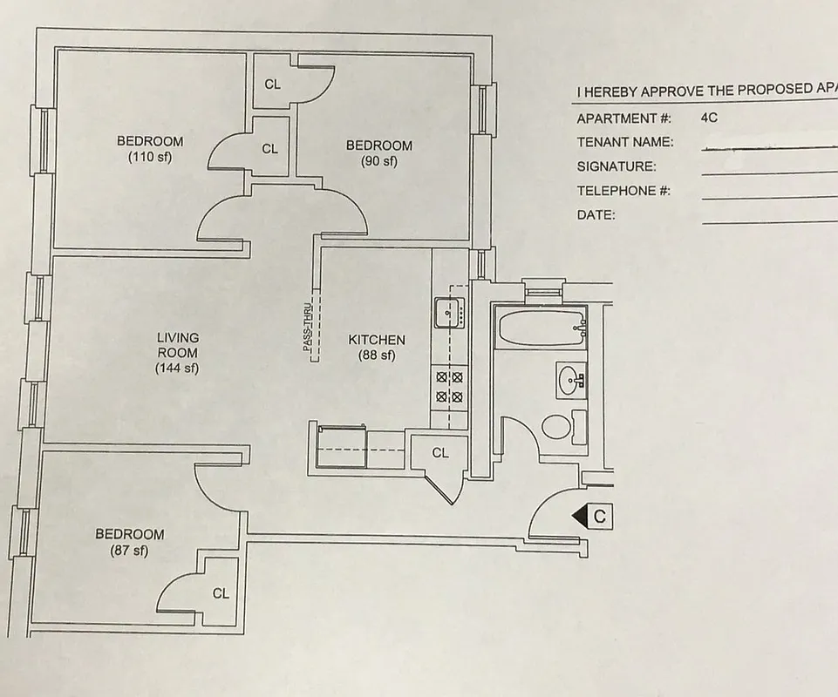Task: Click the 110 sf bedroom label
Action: pos(150,149)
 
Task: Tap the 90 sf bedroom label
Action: pos(378,152)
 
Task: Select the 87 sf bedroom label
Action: pos(129,542)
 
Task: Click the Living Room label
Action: pos(177,352)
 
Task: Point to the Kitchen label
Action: pos(377,347)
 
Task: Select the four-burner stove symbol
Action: pos(449,387)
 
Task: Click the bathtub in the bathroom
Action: pos(539,327)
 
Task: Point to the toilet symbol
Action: pos(558,427)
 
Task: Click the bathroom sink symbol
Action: pos(572,379)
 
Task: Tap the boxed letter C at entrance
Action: pos(600,517)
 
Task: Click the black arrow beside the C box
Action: pos(579,517)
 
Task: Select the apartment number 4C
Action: pos(708,118)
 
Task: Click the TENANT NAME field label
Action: pos(624,142)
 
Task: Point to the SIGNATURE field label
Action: pos(617,166)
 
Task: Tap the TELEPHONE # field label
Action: pos(623,191)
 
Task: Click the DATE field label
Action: pos(596,215)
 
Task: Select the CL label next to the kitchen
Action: pos(440,452)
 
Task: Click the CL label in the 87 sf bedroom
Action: pos(221,593)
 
